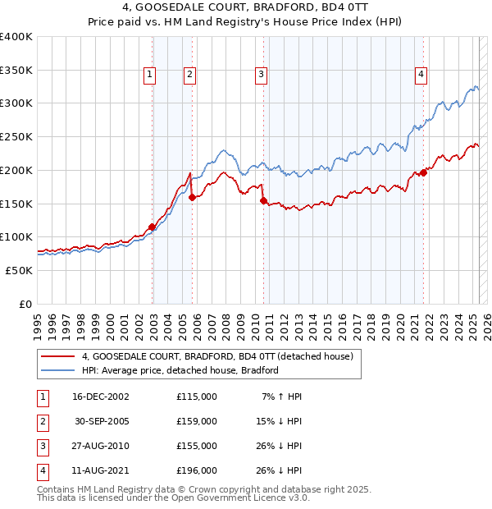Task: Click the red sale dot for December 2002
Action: tap(153, 227)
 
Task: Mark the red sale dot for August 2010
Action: tap(264, 199)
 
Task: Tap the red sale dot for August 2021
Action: tap(424, 172)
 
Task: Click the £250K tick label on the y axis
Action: tap(16, 136)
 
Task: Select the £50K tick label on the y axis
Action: tap(19, 270)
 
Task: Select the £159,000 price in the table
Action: tap(197, 421)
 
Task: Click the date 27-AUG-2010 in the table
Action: tap(101, 446)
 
